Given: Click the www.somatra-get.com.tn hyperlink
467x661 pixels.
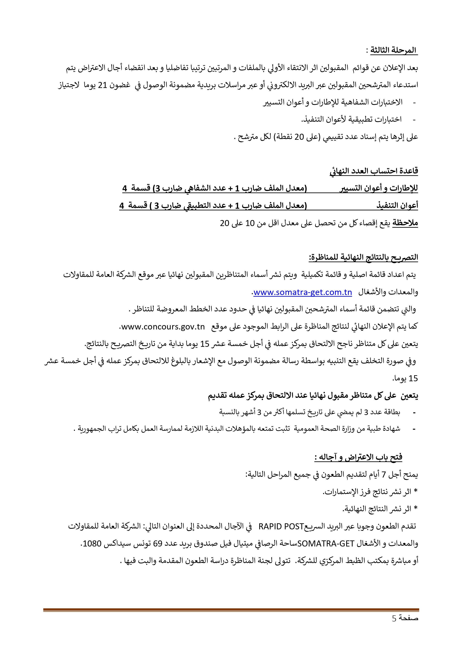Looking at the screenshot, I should tap(302, 293).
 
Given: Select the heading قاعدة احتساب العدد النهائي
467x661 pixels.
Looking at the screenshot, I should tap(374, 171).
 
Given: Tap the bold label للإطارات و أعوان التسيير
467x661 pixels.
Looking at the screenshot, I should tap(379, 188).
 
